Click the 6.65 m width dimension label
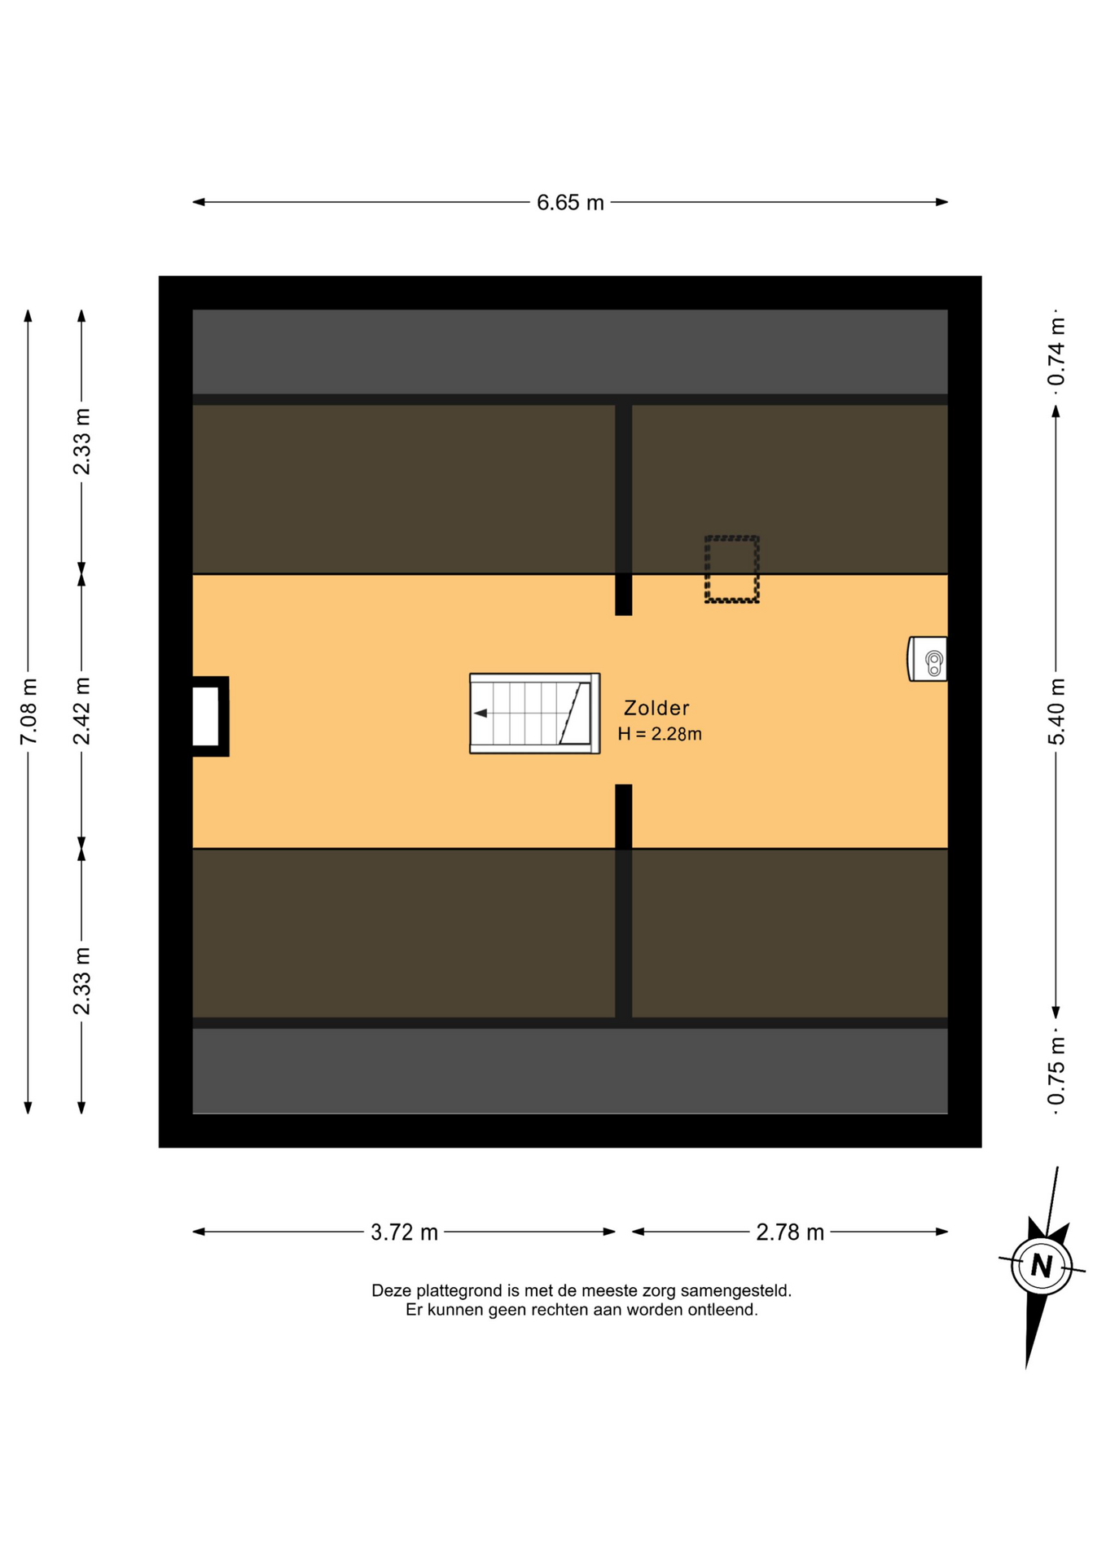click(x=570, y=202)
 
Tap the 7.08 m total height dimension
click(x=29, y=711)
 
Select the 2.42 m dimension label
click(x=81, y=711)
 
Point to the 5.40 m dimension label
click(x=1056, y=711)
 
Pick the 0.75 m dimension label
click(x=1056, y=1071)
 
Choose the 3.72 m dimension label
click(x=404, y=1232)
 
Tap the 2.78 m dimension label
click(x=790, y=1232)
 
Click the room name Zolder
click(x=656, y=708)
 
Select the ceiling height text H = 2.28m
click(x=660, y=734)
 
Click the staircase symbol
click(x=535, y=714)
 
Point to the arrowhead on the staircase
click(x=481, y=714)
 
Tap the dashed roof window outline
click(x=732, y=569)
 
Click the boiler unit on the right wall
click(x=928, y=659)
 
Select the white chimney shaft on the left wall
click(x=205, y=716)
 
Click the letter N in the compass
click(x=1042, y=1266)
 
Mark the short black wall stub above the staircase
click(x=624, y=595)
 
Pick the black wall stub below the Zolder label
click(x=624, y=816)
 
